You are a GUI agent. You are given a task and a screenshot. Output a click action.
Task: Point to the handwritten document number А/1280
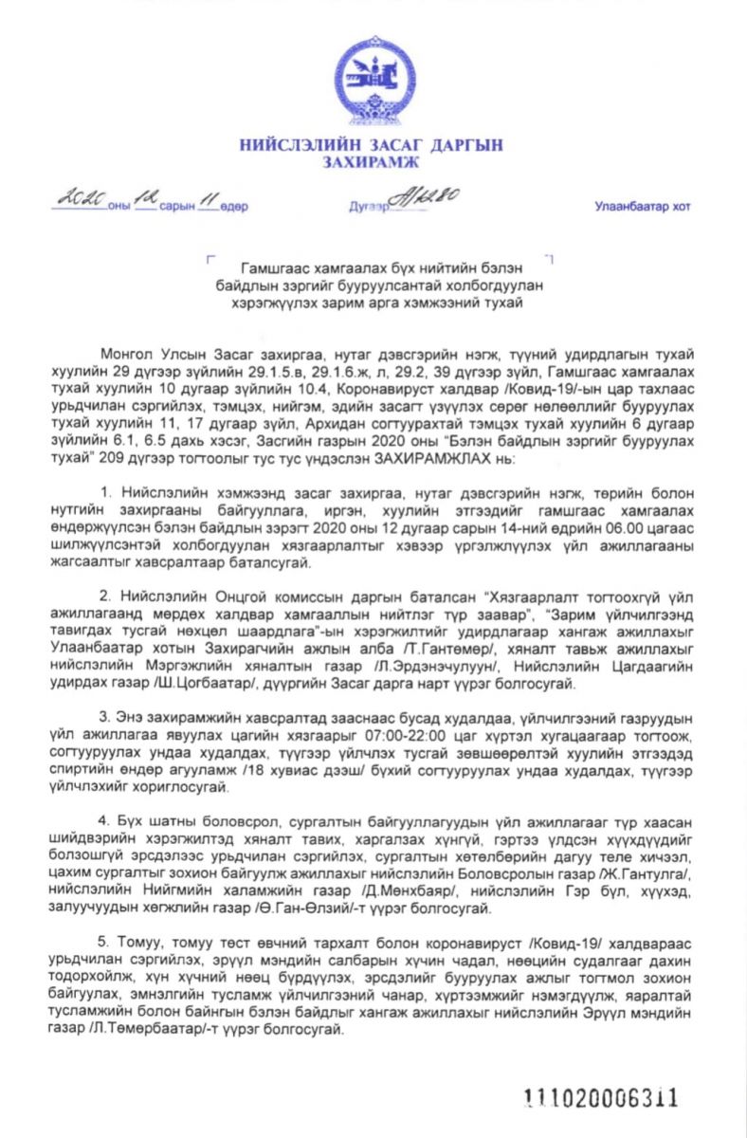[x=428, y=198]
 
